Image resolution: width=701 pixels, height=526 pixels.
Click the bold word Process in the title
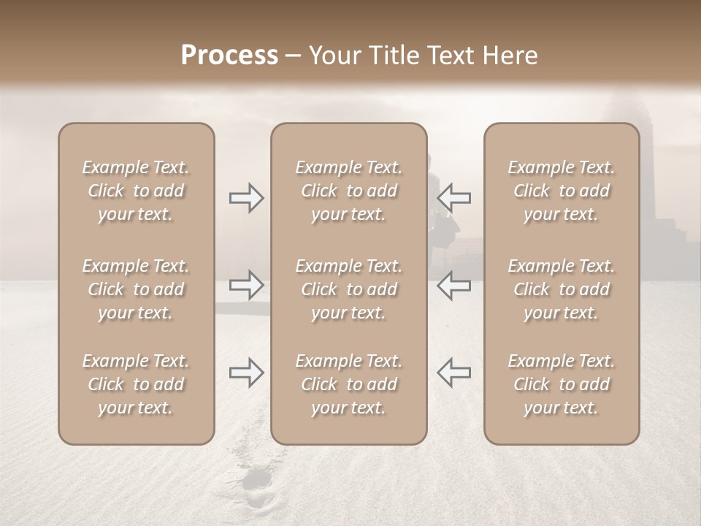[229, 56]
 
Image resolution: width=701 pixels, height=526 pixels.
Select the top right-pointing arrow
[247, 198]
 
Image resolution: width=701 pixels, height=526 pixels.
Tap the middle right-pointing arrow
[247, 285]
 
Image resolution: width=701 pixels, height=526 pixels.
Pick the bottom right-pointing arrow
[247, 373]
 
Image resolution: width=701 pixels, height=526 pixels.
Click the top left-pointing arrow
[454, 198]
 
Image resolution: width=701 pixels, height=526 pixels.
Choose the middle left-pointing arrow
[454, 285]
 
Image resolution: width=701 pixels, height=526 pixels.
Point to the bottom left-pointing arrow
[454, 373]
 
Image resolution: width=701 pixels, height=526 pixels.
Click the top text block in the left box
[136, 191]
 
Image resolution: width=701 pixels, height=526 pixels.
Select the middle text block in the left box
[136, 289]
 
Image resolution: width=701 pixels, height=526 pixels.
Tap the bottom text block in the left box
[136, 384]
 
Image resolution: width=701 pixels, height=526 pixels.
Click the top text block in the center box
[349, 191]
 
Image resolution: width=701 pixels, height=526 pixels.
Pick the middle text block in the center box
[349, 289]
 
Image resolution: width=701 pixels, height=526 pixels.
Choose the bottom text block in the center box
[349, 384]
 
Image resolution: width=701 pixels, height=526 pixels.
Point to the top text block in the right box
[562, 191]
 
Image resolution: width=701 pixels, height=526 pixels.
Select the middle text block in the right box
[562, 289]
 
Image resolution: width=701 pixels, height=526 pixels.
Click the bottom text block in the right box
[562, 384]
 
